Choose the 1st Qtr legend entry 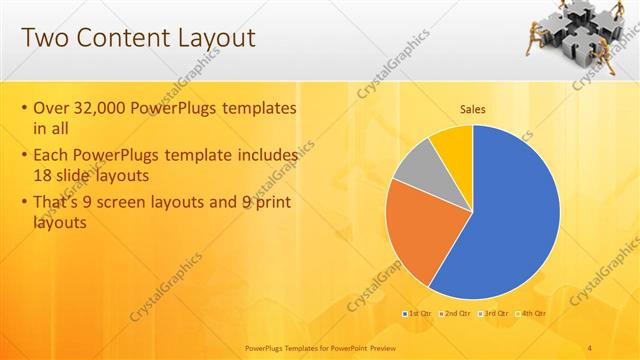click(418, 313)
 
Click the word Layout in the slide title click(212, 39)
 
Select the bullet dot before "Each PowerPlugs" click(24, 156)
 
